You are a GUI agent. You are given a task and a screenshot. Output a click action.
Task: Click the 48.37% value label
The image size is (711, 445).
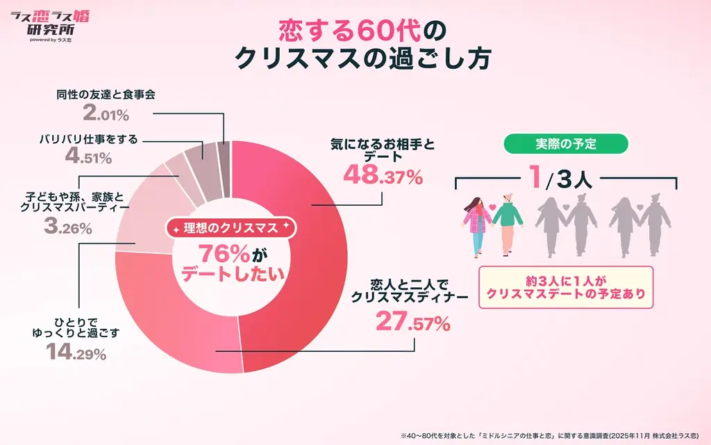pos(383,177)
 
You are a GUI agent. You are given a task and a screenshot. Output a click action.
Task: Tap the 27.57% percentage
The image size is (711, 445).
pos(412,322)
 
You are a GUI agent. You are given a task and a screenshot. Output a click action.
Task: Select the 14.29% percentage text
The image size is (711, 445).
pos(76,353)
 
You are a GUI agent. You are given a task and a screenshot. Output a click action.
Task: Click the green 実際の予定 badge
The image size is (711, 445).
pos(565,144)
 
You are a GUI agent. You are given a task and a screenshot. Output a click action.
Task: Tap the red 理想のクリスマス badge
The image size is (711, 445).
pos(230,228)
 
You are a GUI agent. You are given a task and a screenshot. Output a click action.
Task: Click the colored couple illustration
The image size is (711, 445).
pos(494,222)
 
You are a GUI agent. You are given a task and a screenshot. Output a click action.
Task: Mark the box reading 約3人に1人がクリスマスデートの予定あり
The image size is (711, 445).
pos(565,287)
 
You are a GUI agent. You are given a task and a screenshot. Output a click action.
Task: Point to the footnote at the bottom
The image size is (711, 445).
pos(552,435)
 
